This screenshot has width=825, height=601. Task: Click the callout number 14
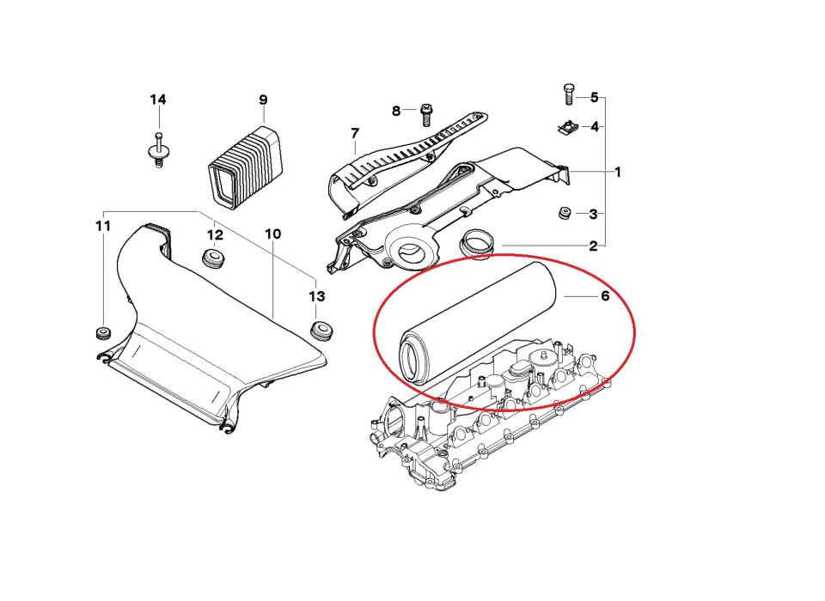(158, 100)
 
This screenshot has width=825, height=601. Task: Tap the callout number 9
(263, 100)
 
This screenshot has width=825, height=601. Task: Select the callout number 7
(354, 134)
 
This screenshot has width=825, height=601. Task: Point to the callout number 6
(605, 296)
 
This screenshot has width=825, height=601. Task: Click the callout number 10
(272, 234)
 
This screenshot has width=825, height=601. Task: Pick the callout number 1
(618, 172)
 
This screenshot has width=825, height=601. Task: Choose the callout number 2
(594, 246)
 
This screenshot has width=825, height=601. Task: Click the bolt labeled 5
(568, 95)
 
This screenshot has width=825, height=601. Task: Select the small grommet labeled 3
(565, 214)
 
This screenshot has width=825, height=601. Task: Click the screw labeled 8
(425, 115)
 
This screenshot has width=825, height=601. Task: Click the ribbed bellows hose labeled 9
(245, 165)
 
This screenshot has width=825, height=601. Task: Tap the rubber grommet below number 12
(214, 258)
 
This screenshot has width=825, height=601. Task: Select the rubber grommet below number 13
(320, 331)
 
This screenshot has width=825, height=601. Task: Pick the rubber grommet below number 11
(101, 333)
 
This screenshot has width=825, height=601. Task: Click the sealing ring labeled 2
(477, 244)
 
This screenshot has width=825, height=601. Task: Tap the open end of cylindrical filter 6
(411, 359)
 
